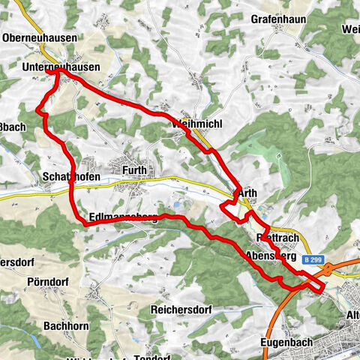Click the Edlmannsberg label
[123, 218]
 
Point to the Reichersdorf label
[181, 309]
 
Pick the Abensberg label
[269, 255]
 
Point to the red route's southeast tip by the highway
[324, 286]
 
